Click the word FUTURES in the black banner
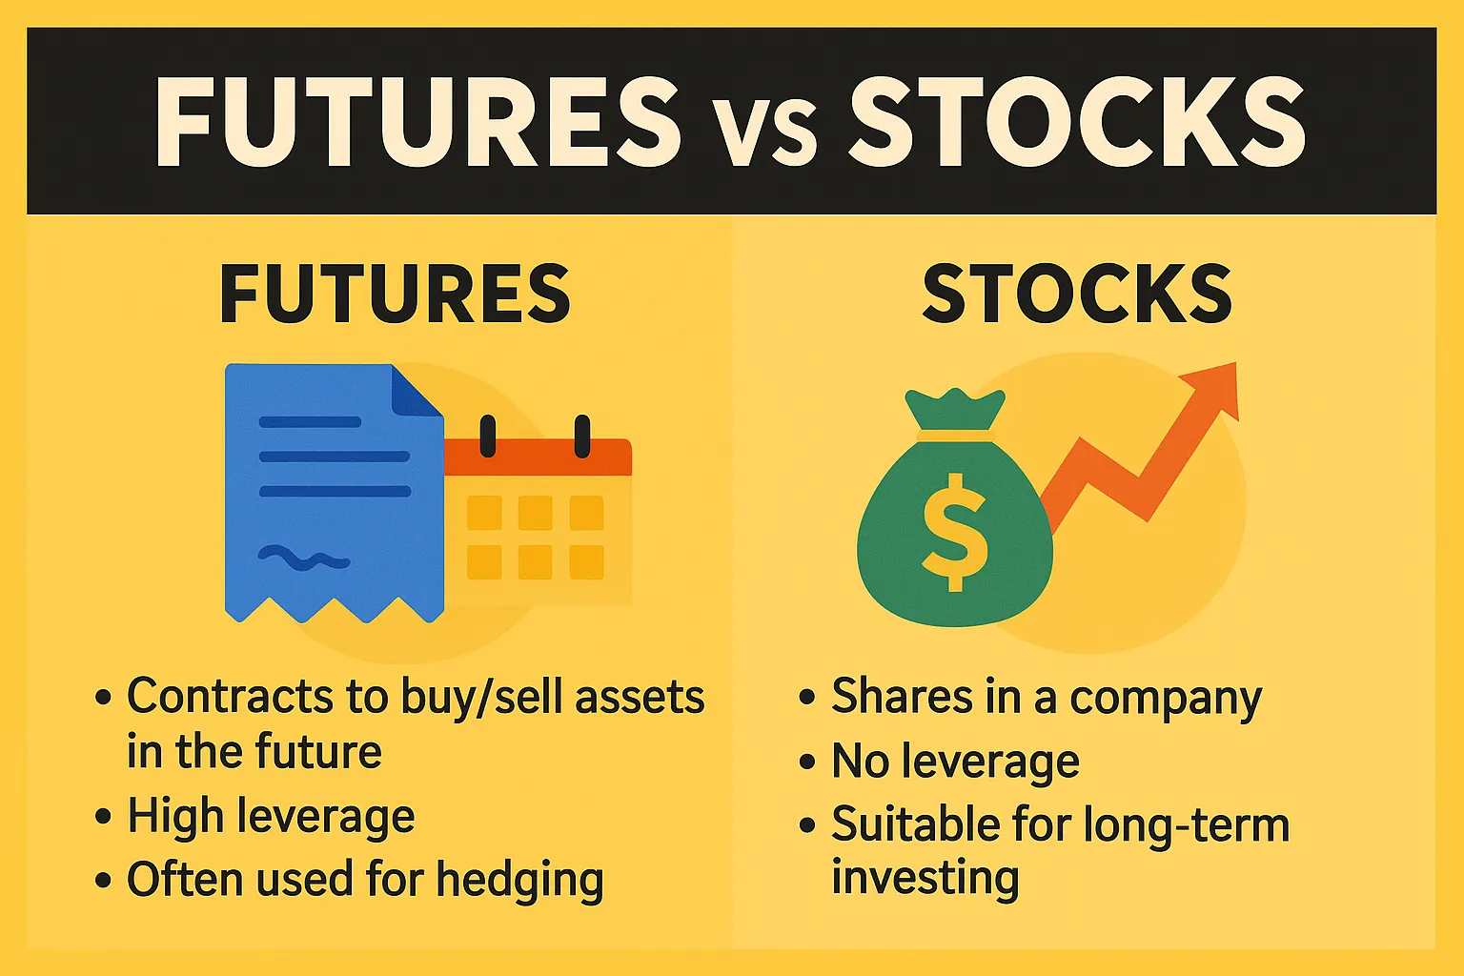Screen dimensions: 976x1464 click(417, 122)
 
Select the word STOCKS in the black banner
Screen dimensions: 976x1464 click(1077, 122)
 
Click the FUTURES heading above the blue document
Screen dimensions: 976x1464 click(395, 295)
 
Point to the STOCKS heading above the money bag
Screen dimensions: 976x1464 click(1077, 295)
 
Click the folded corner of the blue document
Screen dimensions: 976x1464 click(417, 391)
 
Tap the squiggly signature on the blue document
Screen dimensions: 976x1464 click(303, 558)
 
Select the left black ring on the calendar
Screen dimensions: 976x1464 click(488, 437)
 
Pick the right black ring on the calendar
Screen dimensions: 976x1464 click(581, 437)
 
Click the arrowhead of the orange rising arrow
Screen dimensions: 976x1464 click(1214, 389)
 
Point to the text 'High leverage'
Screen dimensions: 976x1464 click(271, 817)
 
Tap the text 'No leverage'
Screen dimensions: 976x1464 click(955, 762)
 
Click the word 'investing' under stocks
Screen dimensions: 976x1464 click(925, 878)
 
